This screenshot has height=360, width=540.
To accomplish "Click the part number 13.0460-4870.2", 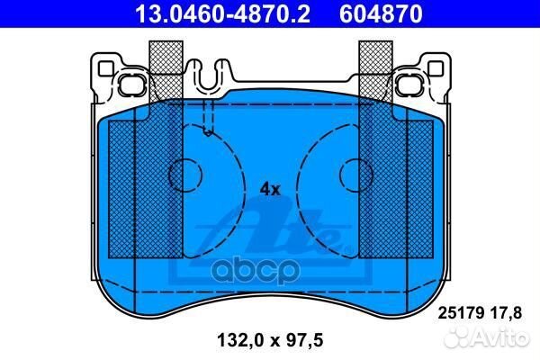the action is point(223,13).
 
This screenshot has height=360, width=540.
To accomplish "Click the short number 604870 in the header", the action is point(381,13).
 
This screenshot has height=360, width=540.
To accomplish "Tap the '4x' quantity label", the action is point(270,189).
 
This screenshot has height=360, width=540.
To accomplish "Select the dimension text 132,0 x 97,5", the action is point(270,340).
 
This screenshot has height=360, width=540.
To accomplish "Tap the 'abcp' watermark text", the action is point(256,272).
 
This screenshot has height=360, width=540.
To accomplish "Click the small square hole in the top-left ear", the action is point(105,68).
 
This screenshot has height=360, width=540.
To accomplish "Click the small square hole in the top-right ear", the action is point(435,68).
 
